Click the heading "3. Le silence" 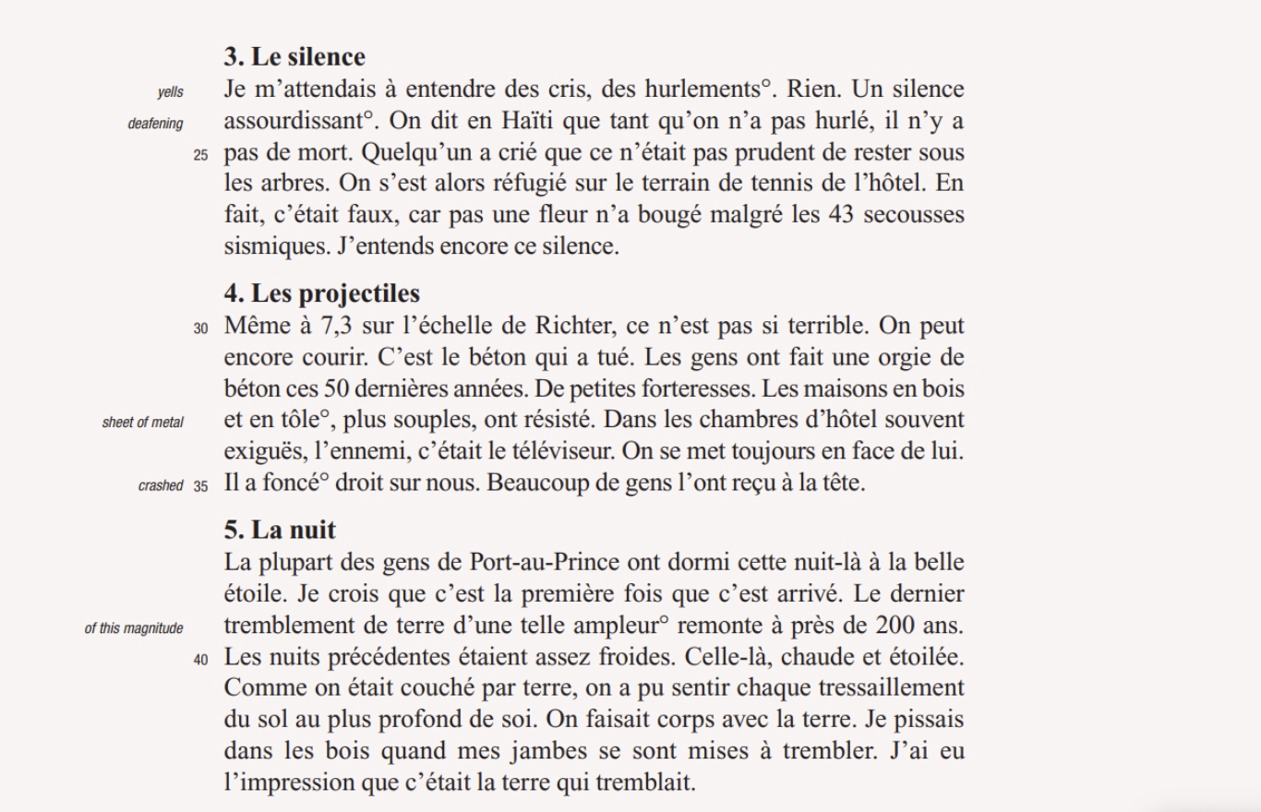click(x=294, y=57)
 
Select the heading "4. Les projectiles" click(x=321, y=293)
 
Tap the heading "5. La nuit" click(x=280, y=530)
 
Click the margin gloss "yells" click(x=170, y=91)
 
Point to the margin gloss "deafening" click(x=155, y=124)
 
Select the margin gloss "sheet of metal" click(x=143, y=423)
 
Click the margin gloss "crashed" click(x=161, y=485)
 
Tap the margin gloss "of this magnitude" click(x=134, y=629)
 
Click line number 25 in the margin click(x=201, y=156)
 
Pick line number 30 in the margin click(x=201, y=328)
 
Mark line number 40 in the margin click(x=201, y=660)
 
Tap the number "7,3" click(x=333, y=327)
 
